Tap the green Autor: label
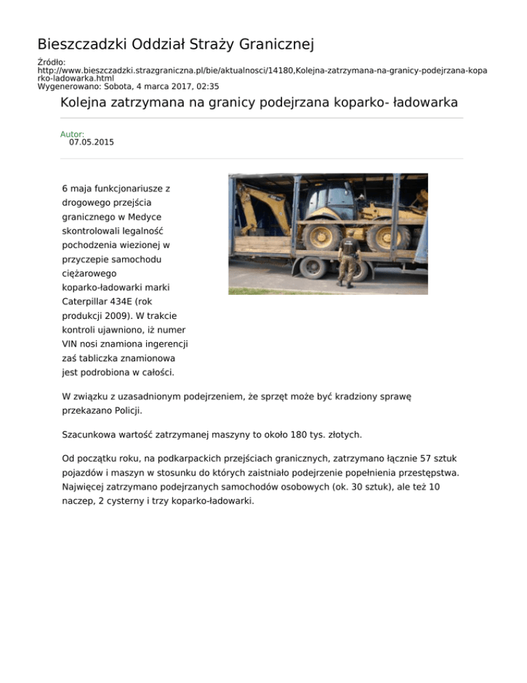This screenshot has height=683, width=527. (72, 135)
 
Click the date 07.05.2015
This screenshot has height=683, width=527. (91, 143)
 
